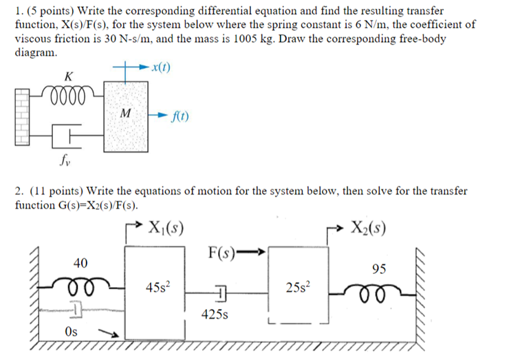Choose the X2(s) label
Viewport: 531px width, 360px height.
(368, 227)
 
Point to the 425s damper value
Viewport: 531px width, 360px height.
(215, 315)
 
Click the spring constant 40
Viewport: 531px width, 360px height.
(80, 263)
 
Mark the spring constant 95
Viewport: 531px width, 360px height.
(378, 268)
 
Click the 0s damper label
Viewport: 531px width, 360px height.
(71, 331)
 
